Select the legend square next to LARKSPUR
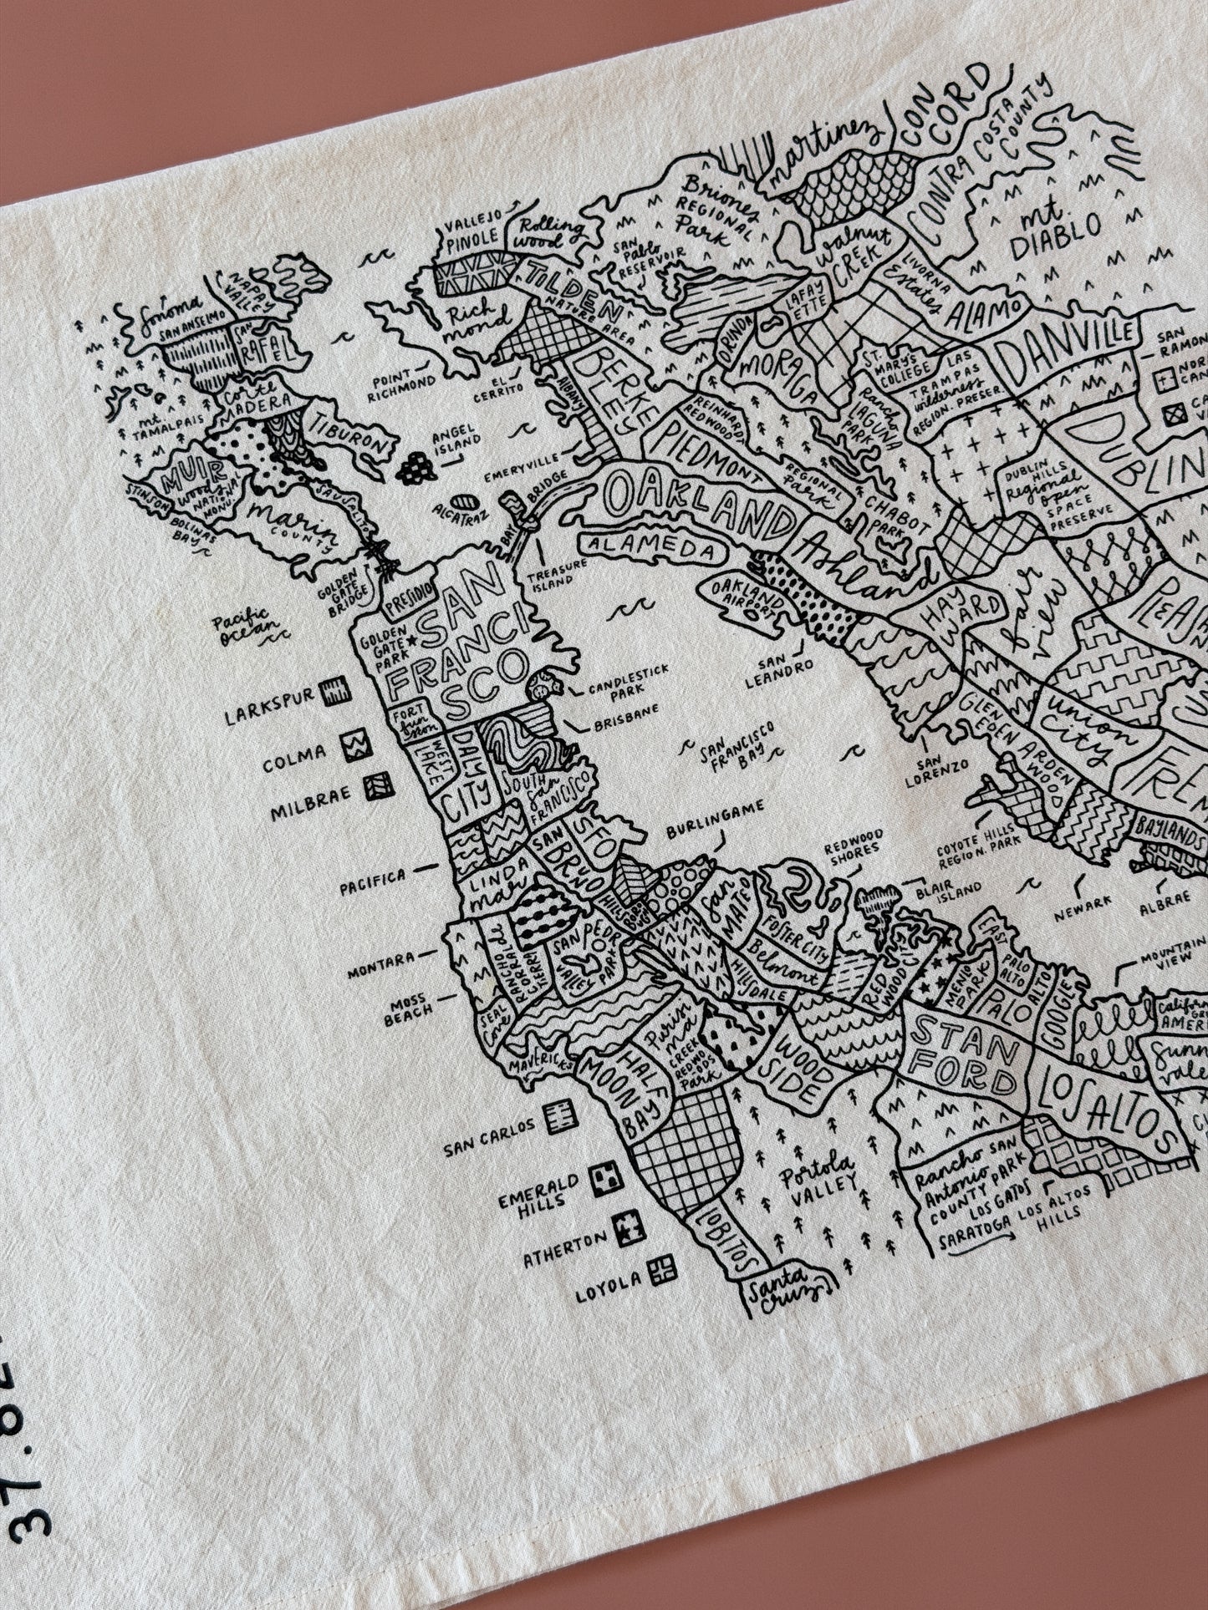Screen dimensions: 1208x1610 338,690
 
